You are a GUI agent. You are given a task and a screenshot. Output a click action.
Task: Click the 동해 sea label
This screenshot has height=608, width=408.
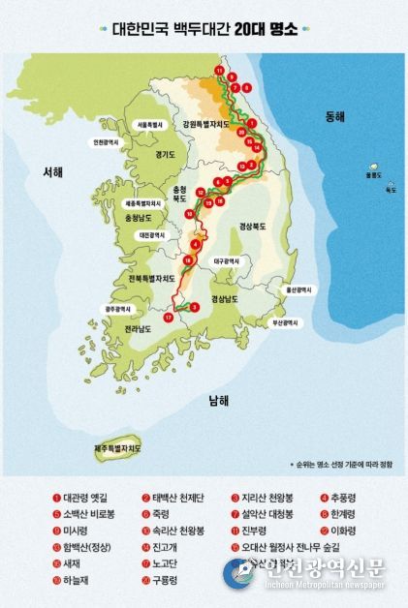pos(335,117)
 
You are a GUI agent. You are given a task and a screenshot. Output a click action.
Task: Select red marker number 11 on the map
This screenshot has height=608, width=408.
pos(220,73)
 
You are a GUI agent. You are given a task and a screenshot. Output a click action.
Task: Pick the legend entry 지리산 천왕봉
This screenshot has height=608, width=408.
pos(268,499)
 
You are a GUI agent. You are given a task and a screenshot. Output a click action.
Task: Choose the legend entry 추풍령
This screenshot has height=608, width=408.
pos(358,499)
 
